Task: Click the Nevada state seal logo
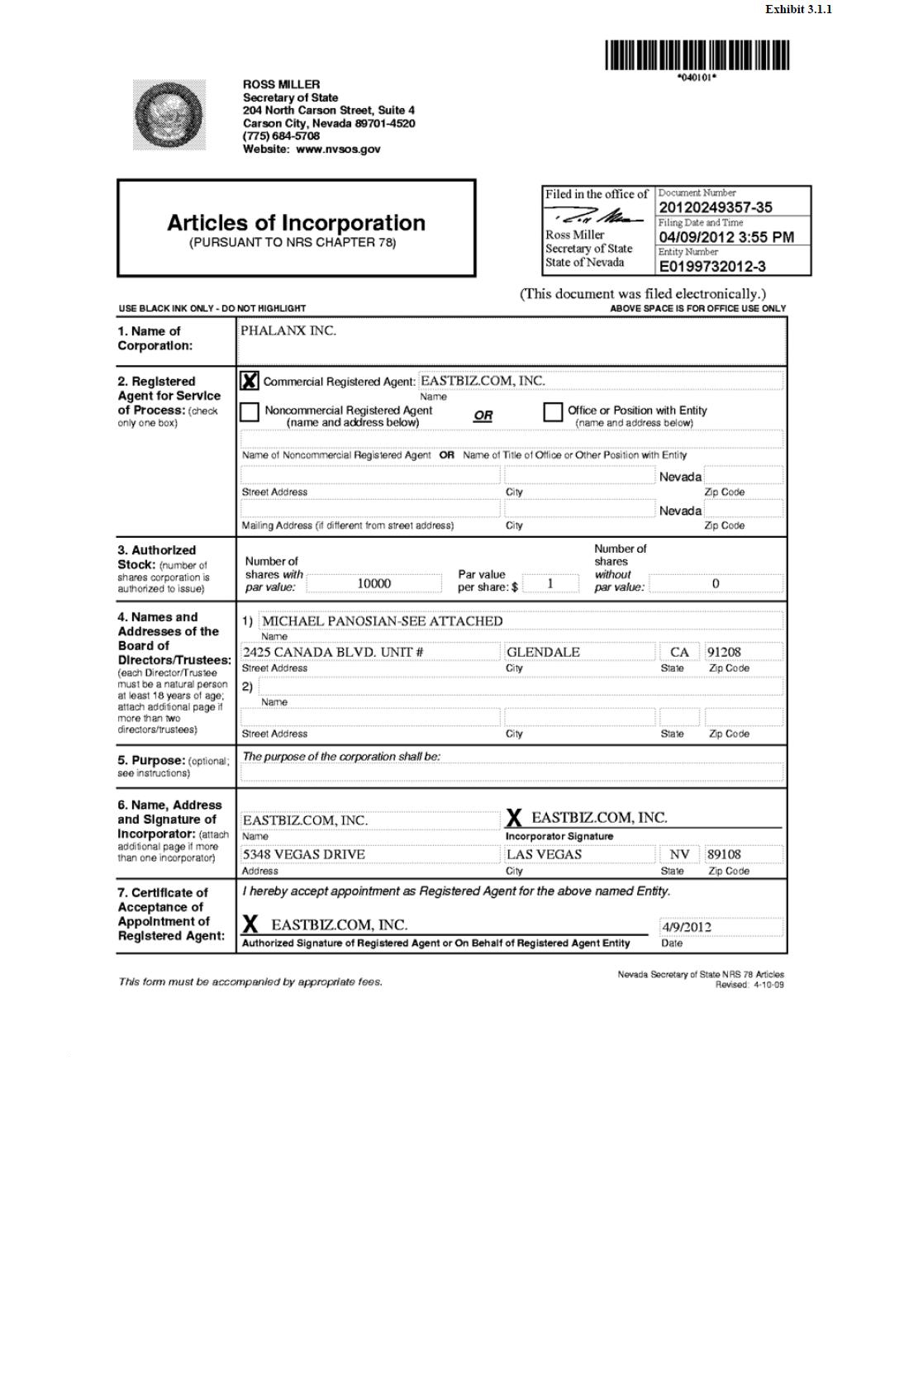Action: (169, 115)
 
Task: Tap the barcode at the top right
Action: (697, 56)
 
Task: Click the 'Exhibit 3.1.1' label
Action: (797, 9)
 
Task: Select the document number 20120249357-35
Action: (716, 207)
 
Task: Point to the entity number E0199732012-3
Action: (711, 266)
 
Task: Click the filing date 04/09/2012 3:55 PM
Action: (726, 237)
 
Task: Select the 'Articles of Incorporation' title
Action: (296, 223)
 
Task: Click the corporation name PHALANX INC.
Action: (288, 330)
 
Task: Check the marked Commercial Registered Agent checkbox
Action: (249, 381)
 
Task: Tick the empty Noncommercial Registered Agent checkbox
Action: (249, 411)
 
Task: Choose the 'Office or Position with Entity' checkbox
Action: (553, 411)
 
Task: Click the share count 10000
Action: (373, 583)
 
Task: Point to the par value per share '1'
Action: (550, 583)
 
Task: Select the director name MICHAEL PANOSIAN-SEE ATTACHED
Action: (382, 621)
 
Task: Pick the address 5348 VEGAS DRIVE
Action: (303, 854)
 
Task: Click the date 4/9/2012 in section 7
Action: (686, 927)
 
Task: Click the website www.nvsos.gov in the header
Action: (338, 150)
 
